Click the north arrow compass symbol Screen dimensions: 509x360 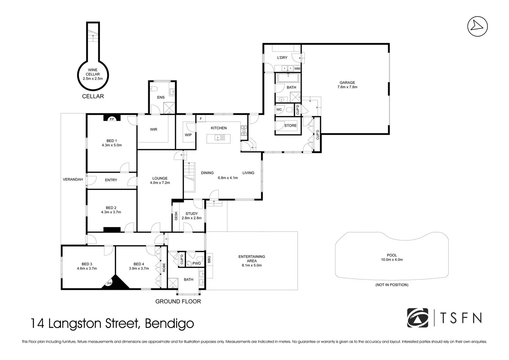pos(477,26)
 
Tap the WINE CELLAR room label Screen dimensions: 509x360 pos(93,74)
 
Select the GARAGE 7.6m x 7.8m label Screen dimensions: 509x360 pos(347,85)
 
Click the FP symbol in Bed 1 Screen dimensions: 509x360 pos(112,119)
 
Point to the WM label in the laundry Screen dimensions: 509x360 pos(297,68)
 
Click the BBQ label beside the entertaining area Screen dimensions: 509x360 pos(209,259)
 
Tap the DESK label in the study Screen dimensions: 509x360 pos(176,216)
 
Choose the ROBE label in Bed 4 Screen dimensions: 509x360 pos(164,267)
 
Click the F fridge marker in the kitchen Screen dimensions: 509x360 pos(201,119)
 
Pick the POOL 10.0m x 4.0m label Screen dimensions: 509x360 pos(392,257)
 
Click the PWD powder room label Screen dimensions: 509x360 pos(197,263)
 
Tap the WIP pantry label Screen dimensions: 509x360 pos(188,135)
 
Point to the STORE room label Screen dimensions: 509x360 pos(290,125)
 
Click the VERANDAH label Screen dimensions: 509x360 pos(73,179)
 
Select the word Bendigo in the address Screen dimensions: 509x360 pos(169,323)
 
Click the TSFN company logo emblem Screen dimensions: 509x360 pos(417,318)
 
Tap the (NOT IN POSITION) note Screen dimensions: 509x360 pos(392,285)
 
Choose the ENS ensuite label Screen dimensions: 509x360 pos(161,97)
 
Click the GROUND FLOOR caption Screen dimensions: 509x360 pos(178,301)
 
